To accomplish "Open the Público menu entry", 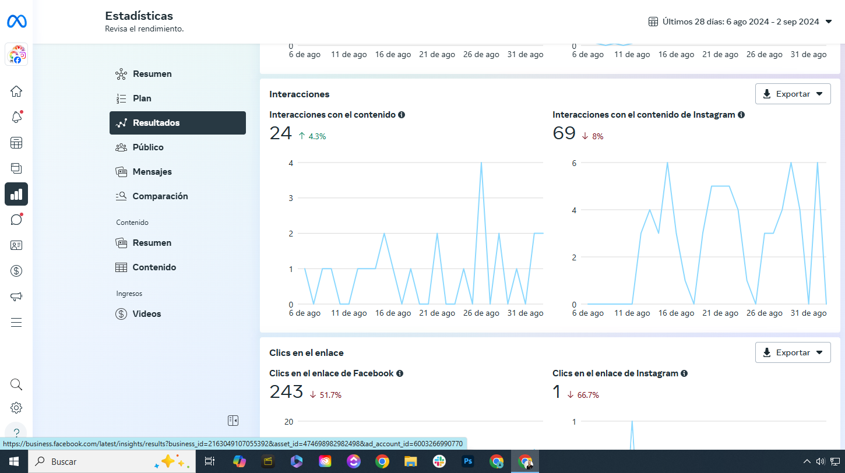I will point(148,147).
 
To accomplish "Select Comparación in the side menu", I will point(160,196).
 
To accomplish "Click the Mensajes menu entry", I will point(152,172).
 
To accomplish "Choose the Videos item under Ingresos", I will point(146,314).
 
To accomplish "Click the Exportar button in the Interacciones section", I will point(793,94).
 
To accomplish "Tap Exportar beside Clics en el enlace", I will point(793,352).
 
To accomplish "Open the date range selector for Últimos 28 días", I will point(740,22).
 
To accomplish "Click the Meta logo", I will point(16,22).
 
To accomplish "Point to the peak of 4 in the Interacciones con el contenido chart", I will point(481,163).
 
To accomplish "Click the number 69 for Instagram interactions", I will point(564,133).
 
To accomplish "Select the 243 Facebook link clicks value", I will point(286,392).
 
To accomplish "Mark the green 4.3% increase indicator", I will point(312,136).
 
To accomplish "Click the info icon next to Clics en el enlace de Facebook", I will point(400,373).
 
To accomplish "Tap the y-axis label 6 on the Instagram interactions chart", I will point(574,163).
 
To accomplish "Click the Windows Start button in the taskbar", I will point(14,461).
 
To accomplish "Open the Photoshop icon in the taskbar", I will point(467,461).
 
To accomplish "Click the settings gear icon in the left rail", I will point(16,408).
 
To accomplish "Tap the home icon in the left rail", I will point(16,91).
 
